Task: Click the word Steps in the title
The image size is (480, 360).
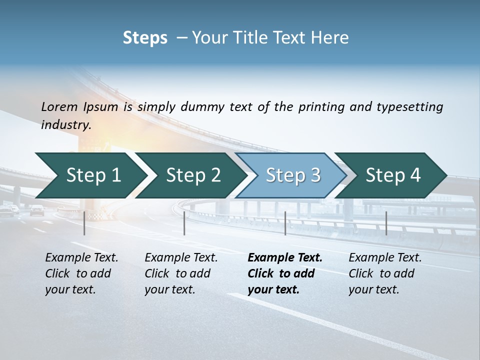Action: tap(145, 38)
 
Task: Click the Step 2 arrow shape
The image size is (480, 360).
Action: tap(192, 175)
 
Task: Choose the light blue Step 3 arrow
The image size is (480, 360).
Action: tap(292, 175)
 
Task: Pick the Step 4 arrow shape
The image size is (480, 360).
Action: tap(393, 175)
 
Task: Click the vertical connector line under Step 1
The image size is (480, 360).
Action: tap(84, 223)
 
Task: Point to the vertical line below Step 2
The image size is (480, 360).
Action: tap(184, 223)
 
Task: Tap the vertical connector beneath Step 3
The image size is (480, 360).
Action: tap(285, 223)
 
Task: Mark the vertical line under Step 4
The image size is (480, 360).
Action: tap(386, 223)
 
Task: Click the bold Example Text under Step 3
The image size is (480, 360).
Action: tap(285, 258)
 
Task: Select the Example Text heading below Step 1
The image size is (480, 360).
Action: tap(81, 258)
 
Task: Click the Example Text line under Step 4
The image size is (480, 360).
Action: tap(385, 258)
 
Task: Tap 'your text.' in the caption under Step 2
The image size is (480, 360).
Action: tap(169, 289)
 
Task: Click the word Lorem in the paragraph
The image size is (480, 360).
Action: tap(59, 106)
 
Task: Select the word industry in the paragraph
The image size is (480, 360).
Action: tap(65, 124)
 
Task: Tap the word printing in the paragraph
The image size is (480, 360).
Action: tap(320, 106)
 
